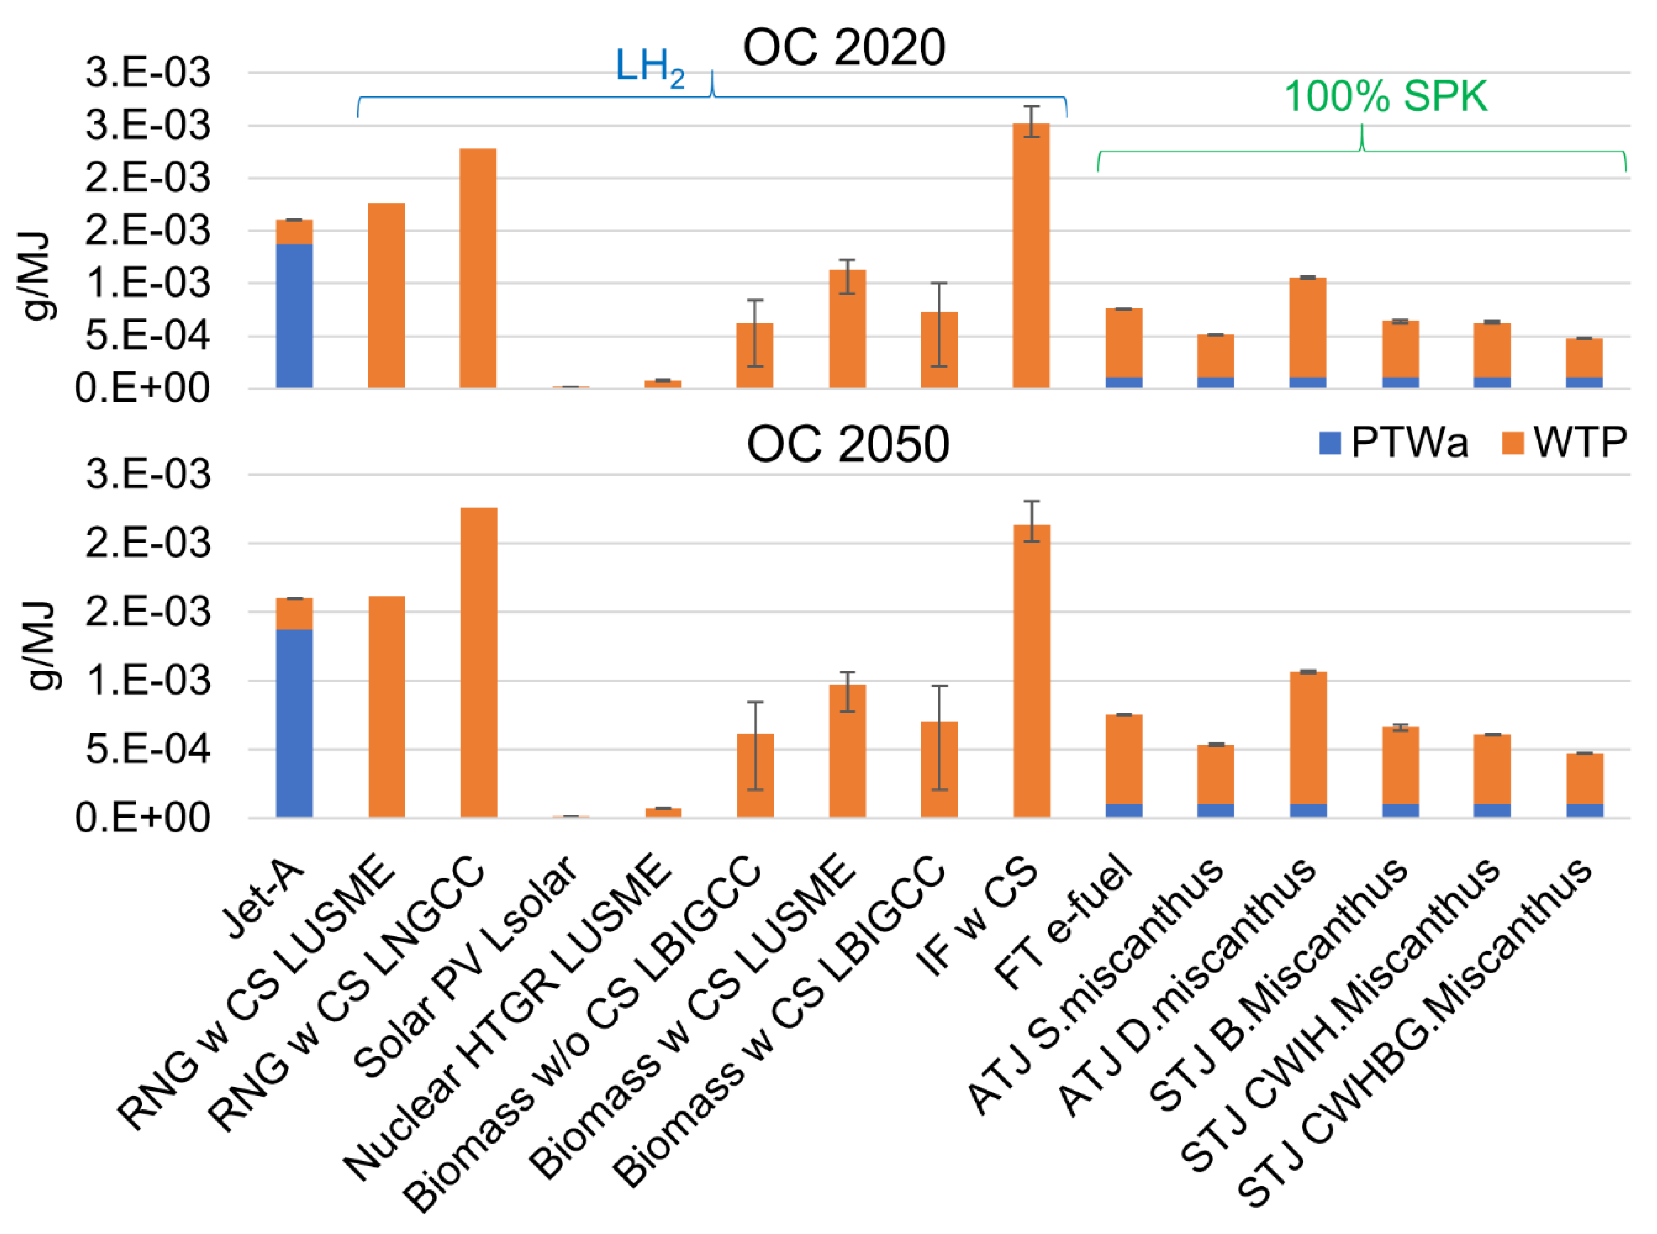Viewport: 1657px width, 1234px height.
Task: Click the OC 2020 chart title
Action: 844,48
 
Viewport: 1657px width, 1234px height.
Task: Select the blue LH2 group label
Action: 649,67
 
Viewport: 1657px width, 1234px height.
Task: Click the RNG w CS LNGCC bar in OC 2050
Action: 479,662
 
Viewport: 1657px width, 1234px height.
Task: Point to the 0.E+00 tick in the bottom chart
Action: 142,818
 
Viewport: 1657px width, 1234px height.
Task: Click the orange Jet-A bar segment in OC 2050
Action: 294,614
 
